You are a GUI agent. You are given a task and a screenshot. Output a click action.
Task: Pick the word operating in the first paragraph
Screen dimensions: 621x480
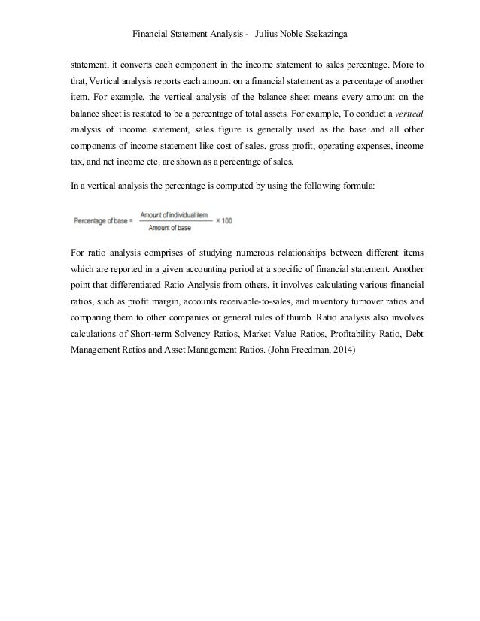pos(327,145)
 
